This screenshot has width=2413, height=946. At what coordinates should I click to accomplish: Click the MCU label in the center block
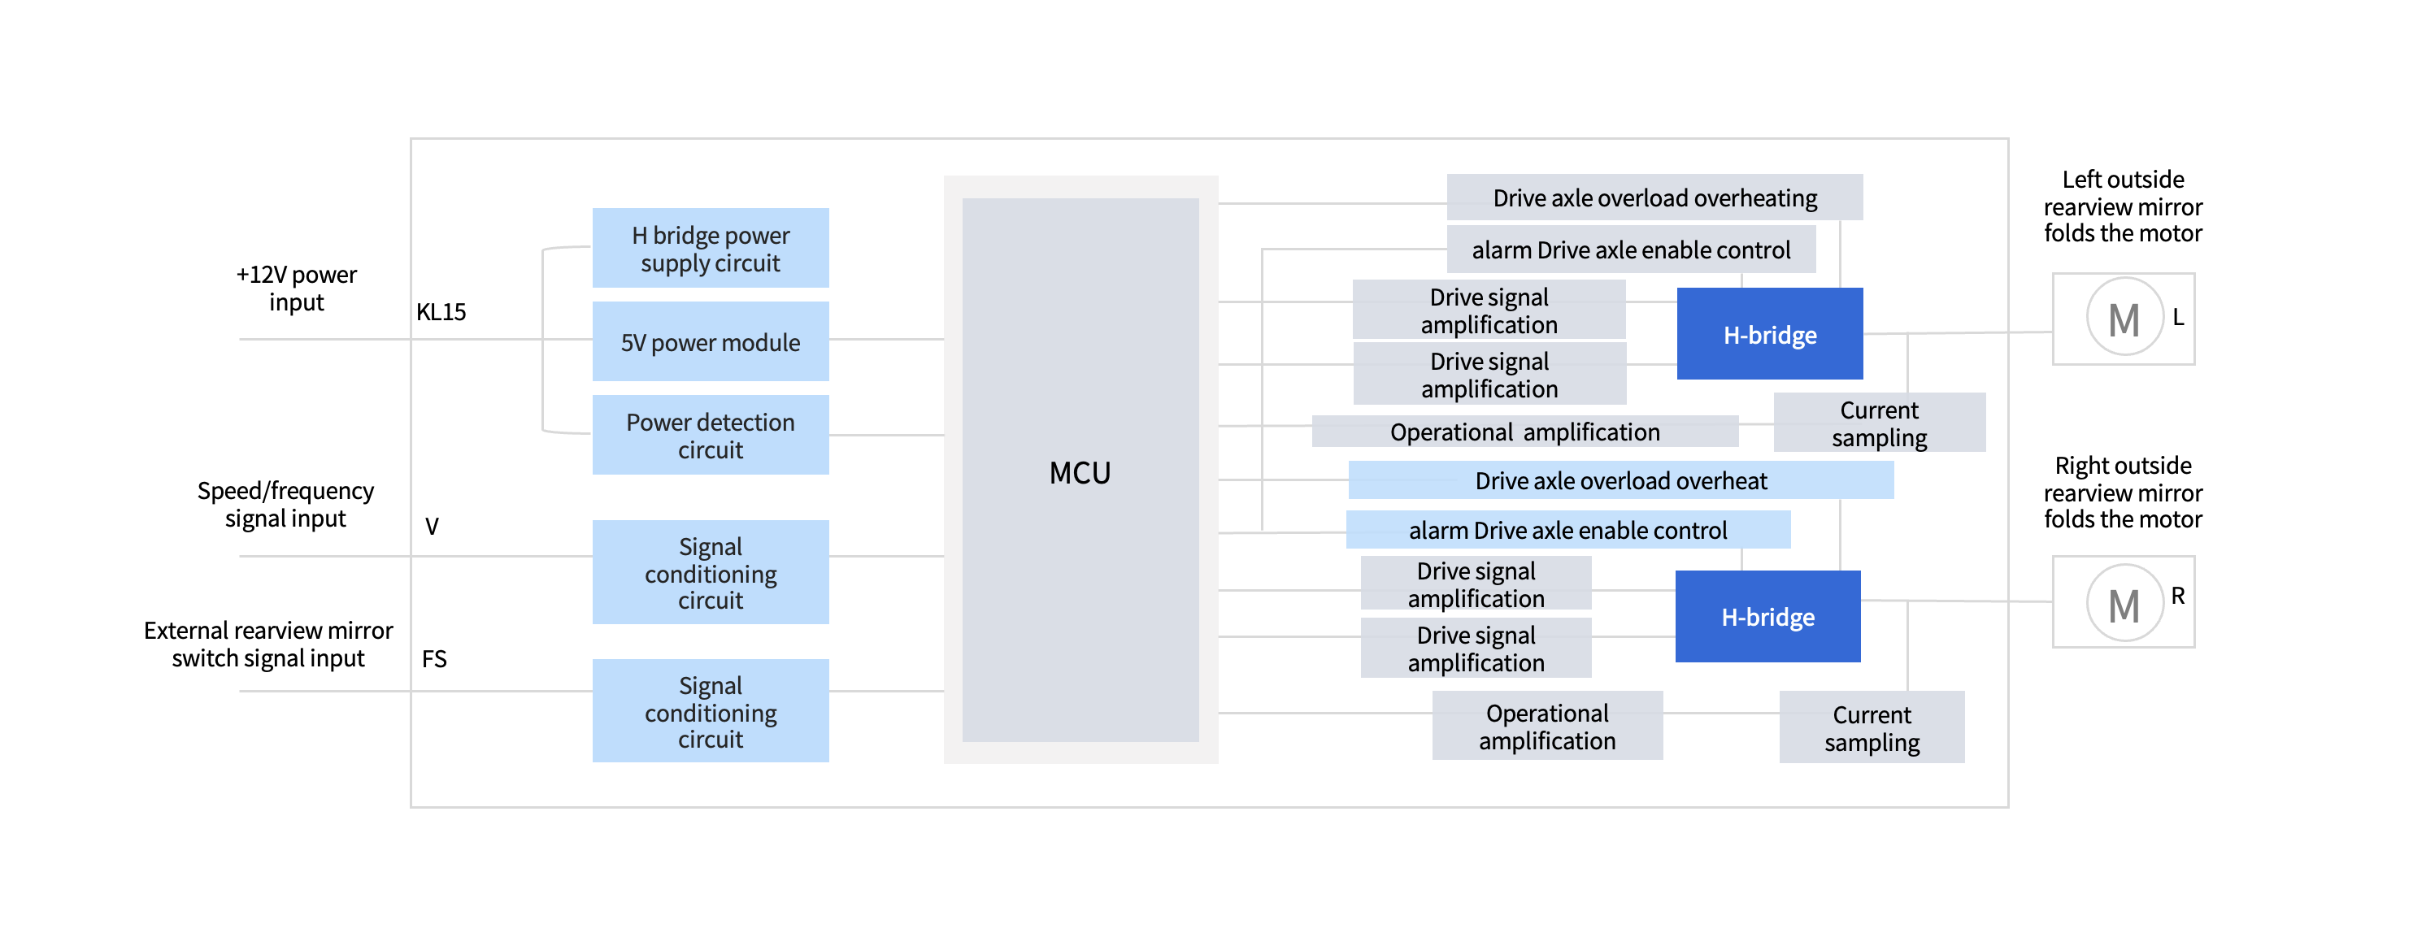(1079, 473)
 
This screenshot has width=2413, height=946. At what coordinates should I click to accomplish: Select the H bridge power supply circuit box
(710, 248)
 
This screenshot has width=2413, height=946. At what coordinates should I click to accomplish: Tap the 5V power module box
(710, 342)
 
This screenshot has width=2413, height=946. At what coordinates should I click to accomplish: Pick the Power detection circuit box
(710, 436)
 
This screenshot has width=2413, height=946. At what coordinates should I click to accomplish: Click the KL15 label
(441, 312)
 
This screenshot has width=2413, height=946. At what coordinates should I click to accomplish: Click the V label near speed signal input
(432, 527)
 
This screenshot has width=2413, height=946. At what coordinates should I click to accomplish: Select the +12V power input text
(296, 289)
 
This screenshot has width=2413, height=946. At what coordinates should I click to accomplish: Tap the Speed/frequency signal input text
(285, 505)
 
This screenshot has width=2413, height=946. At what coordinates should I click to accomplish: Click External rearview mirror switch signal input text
(268, 644)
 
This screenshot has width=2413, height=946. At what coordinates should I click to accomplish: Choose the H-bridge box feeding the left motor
(1769, 334)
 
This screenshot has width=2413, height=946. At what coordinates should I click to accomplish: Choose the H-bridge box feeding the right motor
(1767, 616)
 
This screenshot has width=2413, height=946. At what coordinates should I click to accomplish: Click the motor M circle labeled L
(2124, 319)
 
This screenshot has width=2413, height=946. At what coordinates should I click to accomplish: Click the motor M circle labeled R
(2124, 604)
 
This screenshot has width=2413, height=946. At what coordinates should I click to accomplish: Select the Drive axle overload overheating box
(1654, 197)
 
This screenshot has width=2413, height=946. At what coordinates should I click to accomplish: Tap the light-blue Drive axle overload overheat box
(1620, 480)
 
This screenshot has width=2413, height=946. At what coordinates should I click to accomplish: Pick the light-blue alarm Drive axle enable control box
(1567, 530)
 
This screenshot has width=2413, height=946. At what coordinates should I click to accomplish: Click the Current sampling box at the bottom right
(1872, 727)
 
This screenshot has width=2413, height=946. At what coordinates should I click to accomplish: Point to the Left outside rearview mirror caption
(2123, 206)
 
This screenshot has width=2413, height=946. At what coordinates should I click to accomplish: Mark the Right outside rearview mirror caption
(2123, 493)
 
